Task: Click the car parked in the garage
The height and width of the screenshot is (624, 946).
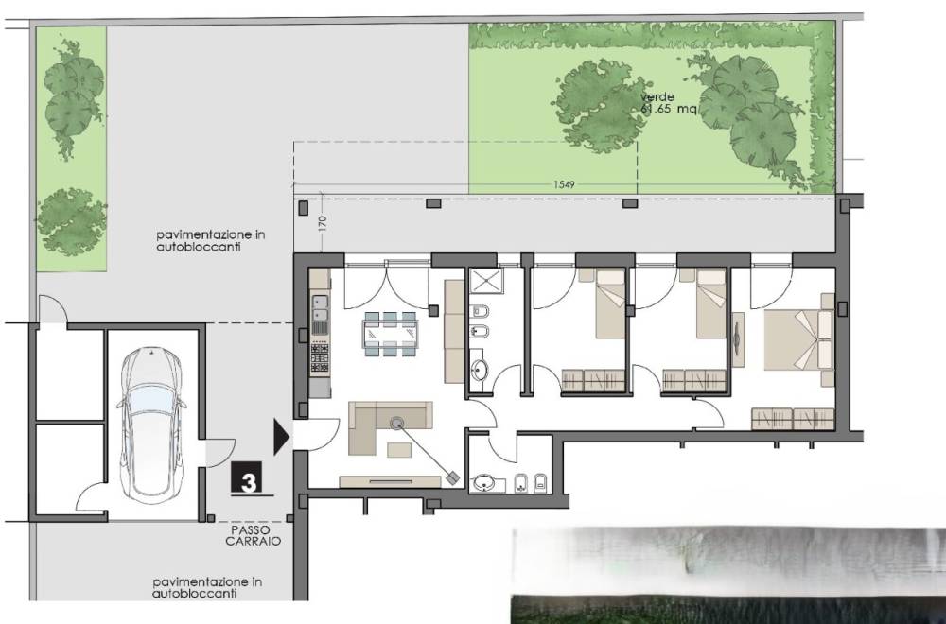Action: point(151,425)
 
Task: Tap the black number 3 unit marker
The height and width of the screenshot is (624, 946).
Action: point(247,478)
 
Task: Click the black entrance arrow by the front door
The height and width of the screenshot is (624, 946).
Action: point(281,436)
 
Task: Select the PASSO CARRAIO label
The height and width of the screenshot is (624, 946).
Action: point(254,535)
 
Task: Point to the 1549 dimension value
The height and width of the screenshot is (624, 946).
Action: point(564,184)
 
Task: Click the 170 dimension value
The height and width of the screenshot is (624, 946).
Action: point(322,224)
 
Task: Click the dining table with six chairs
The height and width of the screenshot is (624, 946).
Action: point(391,334)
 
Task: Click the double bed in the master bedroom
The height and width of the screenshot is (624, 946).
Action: point(799,339)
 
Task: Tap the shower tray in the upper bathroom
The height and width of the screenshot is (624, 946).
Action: point(486,281)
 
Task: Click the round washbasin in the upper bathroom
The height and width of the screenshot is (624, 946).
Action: point(479,371)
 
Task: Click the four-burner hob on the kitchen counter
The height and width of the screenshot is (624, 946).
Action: point(320,357)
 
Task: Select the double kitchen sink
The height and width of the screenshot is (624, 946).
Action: point(320,308)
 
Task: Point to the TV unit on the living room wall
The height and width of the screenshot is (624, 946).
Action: point(391,481)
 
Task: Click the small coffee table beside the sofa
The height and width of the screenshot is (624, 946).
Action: point(399,450)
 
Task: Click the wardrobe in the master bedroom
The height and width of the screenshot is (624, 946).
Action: point(794,419)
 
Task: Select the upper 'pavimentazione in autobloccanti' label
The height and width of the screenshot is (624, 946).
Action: point(211,240)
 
